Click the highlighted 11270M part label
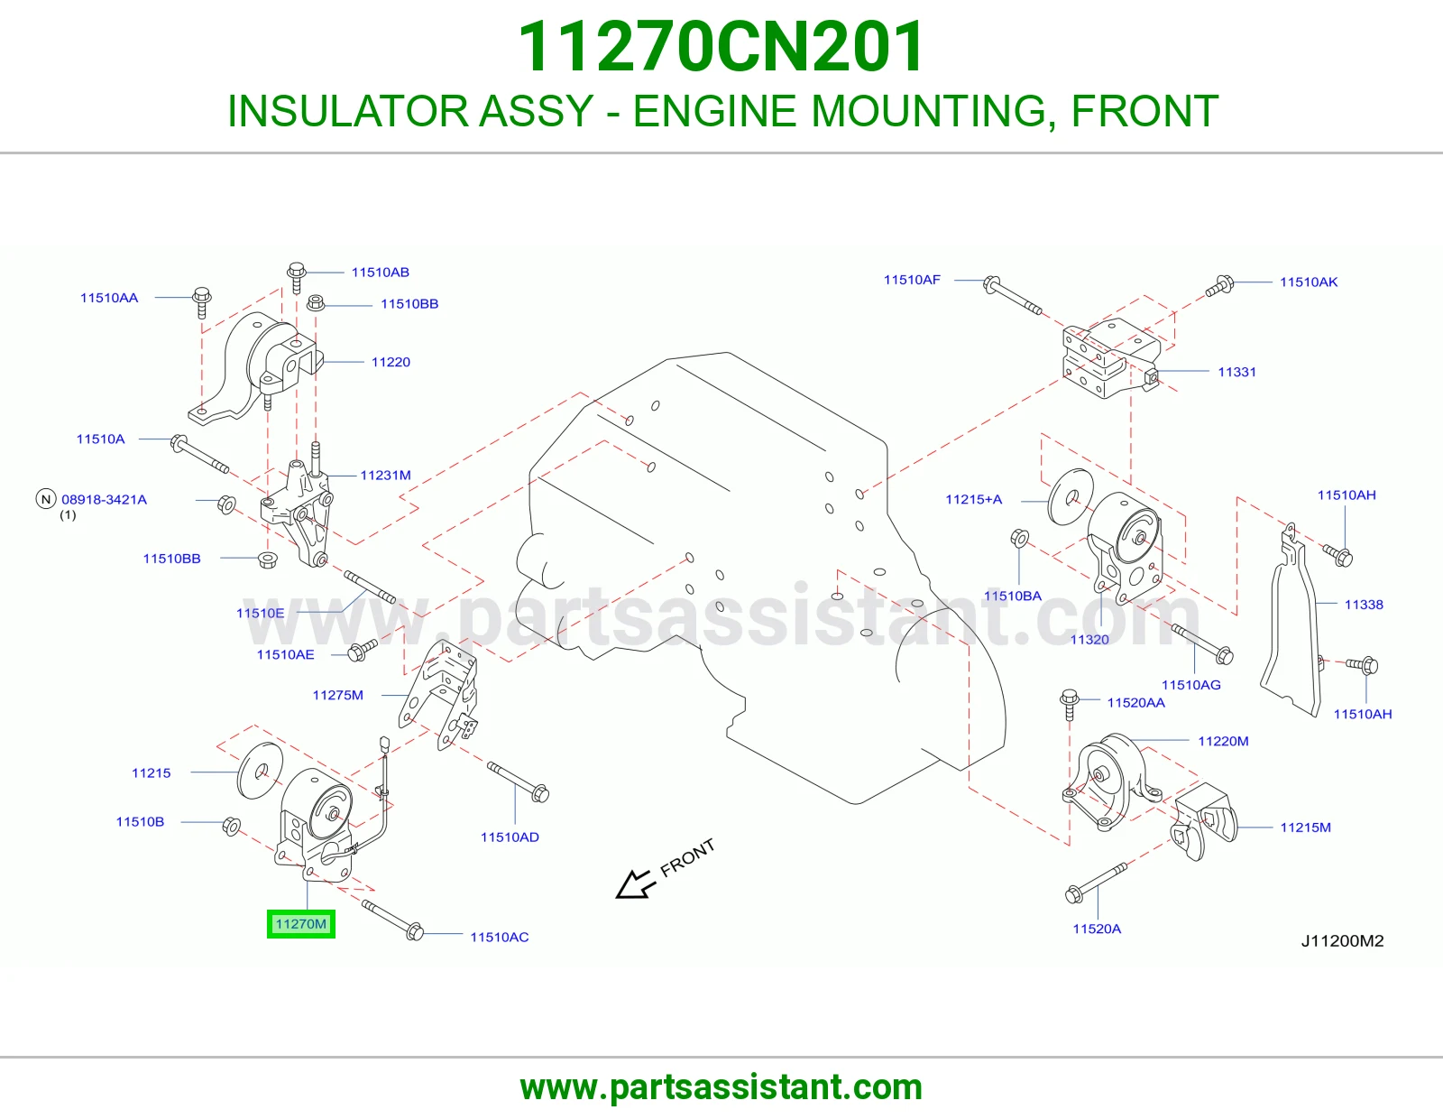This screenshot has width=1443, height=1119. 301,924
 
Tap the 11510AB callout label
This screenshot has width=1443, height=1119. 380,272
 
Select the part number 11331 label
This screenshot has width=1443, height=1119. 1236,372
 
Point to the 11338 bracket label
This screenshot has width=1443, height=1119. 1364,605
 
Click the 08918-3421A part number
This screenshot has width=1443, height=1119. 105,499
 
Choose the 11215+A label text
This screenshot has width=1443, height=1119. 973,499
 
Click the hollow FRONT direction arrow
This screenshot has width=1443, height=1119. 636,883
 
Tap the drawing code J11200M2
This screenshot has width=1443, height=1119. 1342,941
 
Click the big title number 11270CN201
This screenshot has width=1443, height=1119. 721,47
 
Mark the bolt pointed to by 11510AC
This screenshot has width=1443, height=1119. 393,920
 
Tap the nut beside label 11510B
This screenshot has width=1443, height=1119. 231,826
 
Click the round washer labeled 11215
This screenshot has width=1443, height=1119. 260,771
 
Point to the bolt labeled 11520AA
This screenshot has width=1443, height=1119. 1069,705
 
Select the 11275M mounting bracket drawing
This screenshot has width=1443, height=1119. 438,694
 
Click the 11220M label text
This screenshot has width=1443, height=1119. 1223,741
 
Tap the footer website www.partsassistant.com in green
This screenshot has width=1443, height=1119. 721,1087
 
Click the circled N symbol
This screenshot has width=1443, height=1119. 46,499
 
